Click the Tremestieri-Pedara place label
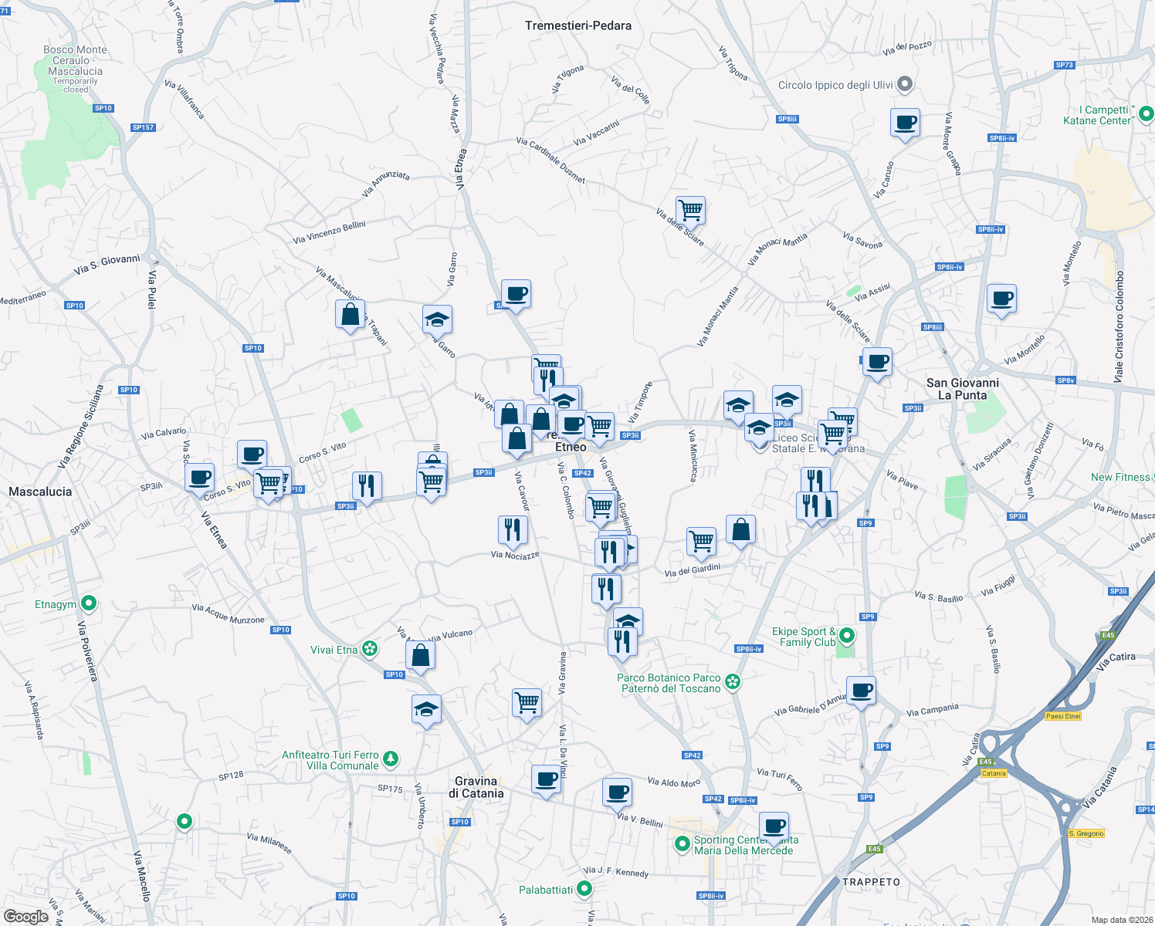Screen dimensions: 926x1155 tap(577, 25)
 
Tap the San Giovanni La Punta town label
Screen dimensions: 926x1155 tap(962, 389)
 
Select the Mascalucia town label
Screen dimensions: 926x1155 tap(40, 492)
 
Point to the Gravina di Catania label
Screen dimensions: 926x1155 tap(476, 787)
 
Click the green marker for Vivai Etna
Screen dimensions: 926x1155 tap(370, 649)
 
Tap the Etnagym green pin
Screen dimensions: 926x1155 tap(89, 603)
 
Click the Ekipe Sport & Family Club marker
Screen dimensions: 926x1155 tap(847, 636)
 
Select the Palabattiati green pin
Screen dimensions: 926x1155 tap(585, 889)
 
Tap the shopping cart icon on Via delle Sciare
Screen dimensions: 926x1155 tap(690, 209)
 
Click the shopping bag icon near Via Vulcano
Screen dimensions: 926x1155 tap(420, 655)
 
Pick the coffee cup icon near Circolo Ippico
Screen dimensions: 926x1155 tap(905, 123)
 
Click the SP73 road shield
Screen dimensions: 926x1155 tap(1065, 66)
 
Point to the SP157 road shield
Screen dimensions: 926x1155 tap(144, 127)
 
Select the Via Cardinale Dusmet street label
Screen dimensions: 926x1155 tap(550, 160)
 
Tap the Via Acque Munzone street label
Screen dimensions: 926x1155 tap(228, 614)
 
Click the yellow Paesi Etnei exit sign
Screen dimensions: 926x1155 tap(1063, 716)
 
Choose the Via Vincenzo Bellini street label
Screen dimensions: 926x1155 tap(329, 232)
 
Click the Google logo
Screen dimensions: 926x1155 tap(26, 917)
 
